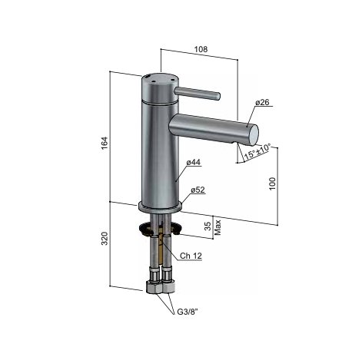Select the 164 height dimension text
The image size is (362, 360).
click(x=105, y=142)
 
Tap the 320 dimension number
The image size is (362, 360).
click(x=105, y=242)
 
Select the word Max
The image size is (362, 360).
click(x=218, y=226)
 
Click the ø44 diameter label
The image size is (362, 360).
click(x=193, y=163)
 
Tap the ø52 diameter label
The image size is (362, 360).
click(x=198, y=190)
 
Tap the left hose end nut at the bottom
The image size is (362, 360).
click(x=153, y=289)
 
